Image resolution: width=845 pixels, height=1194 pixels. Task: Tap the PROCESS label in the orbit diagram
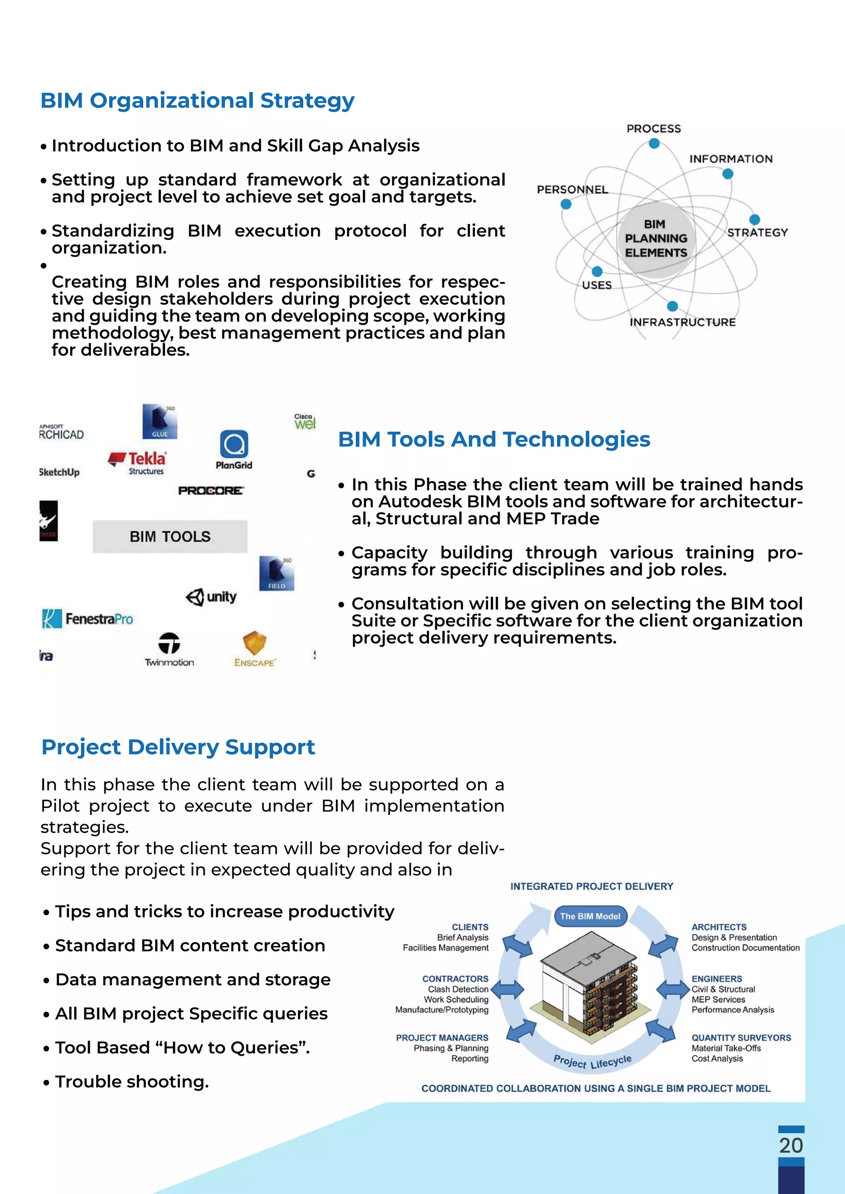coord(654,129)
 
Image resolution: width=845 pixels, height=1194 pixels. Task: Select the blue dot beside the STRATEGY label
coord(755,219)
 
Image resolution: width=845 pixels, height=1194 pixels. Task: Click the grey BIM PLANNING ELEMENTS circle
coord(656,238)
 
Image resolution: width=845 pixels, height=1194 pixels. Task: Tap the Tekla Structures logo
coord(138,462)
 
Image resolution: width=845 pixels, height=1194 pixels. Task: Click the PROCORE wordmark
coord(211,490)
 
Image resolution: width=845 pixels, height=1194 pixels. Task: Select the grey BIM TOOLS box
coord(170,536)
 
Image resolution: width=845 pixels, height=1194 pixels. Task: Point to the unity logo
coord(211,597)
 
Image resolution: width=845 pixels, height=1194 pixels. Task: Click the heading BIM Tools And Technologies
coord(494,440)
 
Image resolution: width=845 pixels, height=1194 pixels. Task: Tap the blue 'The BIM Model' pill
coord(590,916)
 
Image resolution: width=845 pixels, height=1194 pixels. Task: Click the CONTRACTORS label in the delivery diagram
coord(455,979)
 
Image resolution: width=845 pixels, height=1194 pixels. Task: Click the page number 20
coord(791,1146)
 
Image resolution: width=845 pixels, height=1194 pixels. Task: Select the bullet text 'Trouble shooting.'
coord(132,1082)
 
